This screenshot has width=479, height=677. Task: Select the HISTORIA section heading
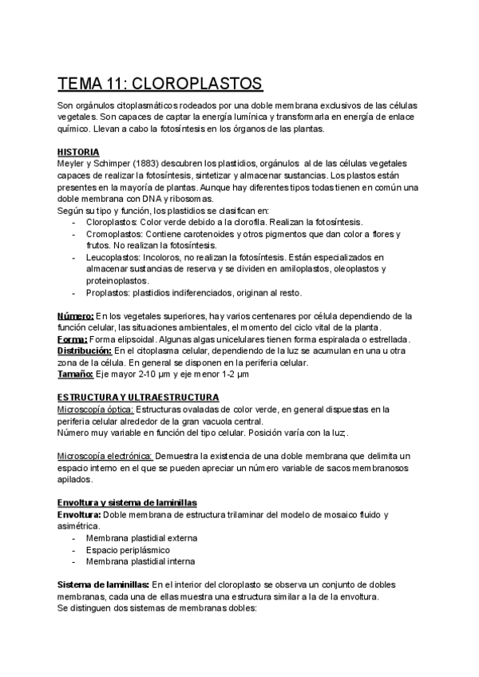coord(78,152)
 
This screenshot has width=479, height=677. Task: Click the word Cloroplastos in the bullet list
coord(112,221)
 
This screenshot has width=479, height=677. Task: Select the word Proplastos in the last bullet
coord(108,293)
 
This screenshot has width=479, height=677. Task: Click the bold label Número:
coord(76,316)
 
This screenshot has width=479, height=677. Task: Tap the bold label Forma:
coord(72,339)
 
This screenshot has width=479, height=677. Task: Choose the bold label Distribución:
coord(84,350)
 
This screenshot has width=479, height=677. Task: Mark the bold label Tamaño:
coord(74,374)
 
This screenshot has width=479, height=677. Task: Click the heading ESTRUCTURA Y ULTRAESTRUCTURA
coord(138,397)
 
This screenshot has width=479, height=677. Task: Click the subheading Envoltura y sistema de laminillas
coord(127,502)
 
